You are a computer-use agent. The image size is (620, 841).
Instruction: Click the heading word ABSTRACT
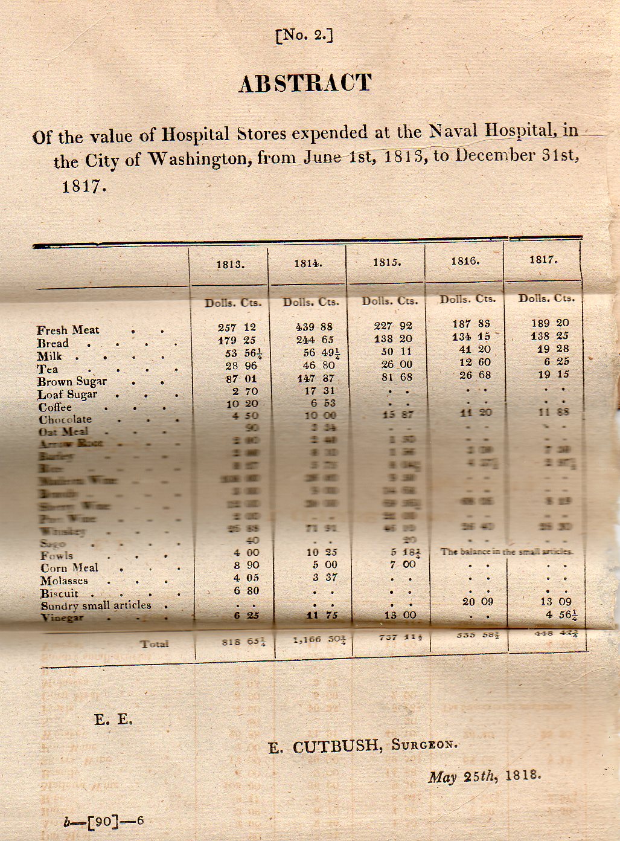305,83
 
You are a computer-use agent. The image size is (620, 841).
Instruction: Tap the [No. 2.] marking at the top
304,36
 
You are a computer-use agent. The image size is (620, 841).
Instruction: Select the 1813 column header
231,264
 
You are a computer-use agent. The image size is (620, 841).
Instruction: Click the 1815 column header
386,263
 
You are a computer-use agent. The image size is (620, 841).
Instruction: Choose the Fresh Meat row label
68,330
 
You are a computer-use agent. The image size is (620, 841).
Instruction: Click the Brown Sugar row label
71,381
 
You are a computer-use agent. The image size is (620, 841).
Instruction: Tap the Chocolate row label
65,419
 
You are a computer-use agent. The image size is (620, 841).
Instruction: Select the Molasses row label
64,581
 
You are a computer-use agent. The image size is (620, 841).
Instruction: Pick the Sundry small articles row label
96,605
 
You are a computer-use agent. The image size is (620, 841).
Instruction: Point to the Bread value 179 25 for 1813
237,340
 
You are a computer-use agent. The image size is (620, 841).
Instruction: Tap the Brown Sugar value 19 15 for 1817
553,374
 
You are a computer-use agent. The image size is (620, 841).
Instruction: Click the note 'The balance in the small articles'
507,551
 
